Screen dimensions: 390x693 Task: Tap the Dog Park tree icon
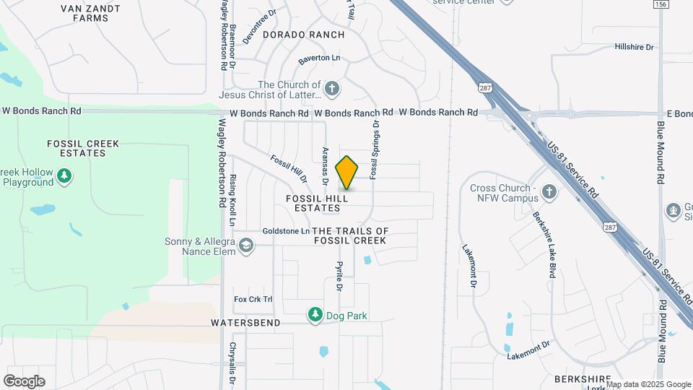point(315,315)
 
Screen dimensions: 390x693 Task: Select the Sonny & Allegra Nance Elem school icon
point(247,246)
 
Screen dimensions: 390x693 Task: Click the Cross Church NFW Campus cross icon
point(549,192)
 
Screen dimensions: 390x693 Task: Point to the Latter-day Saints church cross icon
point(332,90)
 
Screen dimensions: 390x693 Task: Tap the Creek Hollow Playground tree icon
point(64,175)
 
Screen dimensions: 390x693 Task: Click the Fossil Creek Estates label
point(82,148)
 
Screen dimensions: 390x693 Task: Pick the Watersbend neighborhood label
point(245,323)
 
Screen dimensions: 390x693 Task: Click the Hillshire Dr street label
point(634,47)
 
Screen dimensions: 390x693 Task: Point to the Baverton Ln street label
point(318,58)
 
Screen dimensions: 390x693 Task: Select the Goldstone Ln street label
point(286,231)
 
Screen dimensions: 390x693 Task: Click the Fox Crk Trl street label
point(253,299)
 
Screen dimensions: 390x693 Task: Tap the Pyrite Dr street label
point(338,276)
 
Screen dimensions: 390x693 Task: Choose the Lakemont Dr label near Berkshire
point(523,352)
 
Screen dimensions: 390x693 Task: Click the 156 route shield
point(660,4)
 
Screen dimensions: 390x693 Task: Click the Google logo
point(24,381)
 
